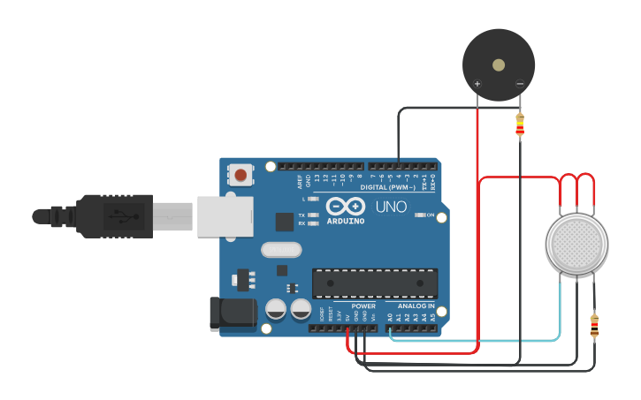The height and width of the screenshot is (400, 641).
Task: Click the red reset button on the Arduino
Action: coord(240,175)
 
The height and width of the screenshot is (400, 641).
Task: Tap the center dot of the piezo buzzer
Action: coord(499,64)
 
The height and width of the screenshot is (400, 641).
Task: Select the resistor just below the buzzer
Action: coord(519,126)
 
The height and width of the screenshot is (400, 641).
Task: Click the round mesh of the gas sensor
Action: coord(576,244)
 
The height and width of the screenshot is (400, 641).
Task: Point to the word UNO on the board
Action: coord(391,207)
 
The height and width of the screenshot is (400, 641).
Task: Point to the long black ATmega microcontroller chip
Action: coord(375,283)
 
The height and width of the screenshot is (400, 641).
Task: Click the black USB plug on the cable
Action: coord(114,216)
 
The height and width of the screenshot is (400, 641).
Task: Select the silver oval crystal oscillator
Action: coord(282,250)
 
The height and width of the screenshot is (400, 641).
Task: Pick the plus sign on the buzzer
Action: coord(477,85)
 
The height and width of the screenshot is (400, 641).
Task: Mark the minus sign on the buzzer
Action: coord(520,85)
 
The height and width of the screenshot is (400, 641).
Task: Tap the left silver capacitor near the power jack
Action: coord(276,309)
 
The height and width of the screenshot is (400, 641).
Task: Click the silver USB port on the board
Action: coord(224,217)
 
